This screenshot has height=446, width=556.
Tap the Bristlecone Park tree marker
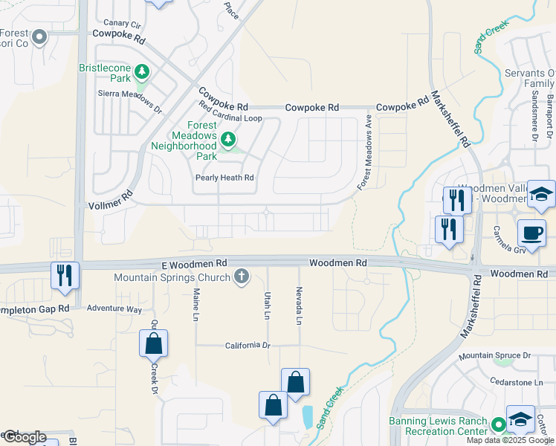[141, 72]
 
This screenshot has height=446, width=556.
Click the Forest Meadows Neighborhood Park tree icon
[227, 139]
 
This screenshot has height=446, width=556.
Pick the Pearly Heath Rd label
[224, 178]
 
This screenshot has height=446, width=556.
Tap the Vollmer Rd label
[110, 197]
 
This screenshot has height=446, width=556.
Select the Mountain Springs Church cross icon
[240, 277]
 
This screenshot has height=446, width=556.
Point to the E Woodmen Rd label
[194, 264]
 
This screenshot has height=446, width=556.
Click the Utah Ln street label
[265, 306]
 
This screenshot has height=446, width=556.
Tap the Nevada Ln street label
[299, 306]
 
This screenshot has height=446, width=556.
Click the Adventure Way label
[114, 308]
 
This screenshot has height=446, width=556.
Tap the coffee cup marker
[532, 233]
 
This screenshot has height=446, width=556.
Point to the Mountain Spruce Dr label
[494, 356]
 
